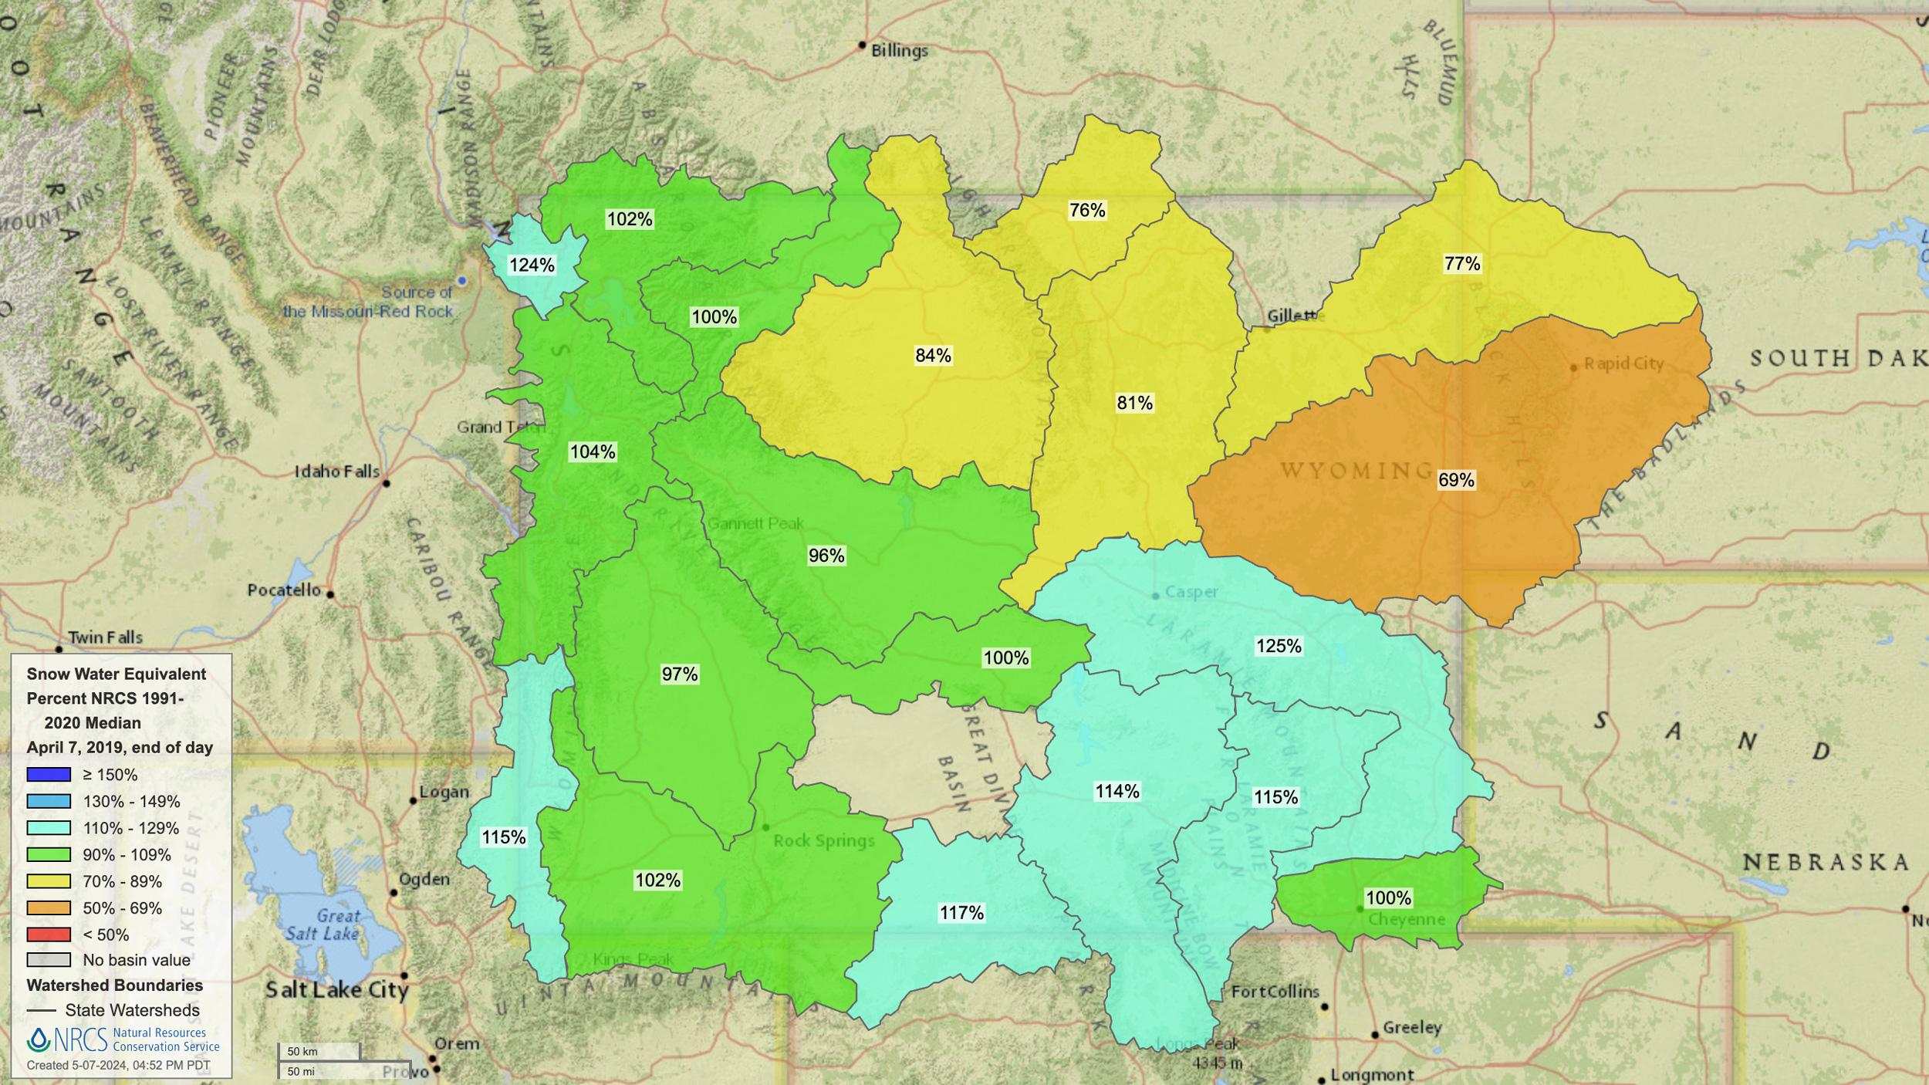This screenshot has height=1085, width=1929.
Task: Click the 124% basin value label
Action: pyautogui.click(x=532, y=265)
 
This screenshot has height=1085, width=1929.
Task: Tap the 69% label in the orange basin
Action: pyautogui.click(x=1456, y=480)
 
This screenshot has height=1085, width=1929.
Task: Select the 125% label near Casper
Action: pyautogui.click(x=1279, y=646)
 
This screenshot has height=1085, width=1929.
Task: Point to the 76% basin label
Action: pyautogui.click(x=1087, y=210)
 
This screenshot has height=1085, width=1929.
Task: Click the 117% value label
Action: pyautogui.click(x=961, y=913)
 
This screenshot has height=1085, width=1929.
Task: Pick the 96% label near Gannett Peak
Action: pyautogui.click(x=826, y=556)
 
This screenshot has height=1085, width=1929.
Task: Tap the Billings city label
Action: pyautogui.click(x=899, y=51)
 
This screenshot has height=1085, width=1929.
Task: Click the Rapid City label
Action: pyautogui.click(x=1623, y=363)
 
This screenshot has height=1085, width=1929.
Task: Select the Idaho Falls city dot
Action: pyautogui.click(x=387, y=483)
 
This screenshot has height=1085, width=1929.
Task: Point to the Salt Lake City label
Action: pyautogui.click(x=336, y=989)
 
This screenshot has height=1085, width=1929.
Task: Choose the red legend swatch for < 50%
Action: pyautogui.click(x=49, y=935)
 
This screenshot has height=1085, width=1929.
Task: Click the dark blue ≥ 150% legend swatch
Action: pyautogui.click(x=49, y=775)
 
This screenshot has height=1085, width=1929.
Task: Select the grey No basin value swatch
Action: pyautogui.click(x=49, y=960)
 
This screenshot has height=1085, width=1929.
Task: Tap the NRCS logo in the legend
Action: pyautogui.click(x=68, y=1039)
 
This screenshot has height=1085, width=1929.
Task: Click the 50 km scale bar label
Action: pyautogui.click(x=302, y=1051)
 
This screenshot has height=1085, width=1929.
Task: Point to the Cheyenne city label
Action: pyautogui.click(x=1406, y=920)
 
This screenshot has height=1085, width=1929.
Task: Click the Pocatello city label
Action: pyautogui.click(x=284, y=590)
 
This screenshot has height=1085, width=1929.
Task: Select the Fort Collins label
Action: pyautogui.click(x=1275, y=992)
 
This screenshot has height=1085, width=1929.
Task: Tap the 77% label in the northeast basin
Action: pyautogui.click(x=1462, y=264)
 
